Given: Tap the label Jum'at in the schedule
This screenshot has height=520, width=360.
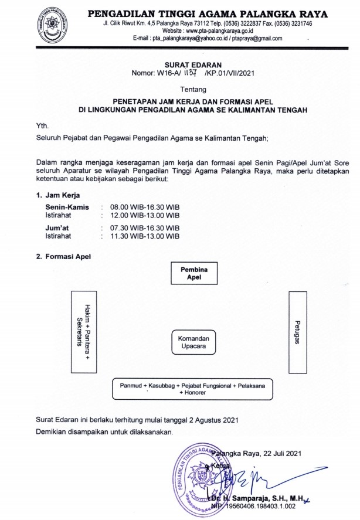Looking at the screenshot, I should pos(58,228).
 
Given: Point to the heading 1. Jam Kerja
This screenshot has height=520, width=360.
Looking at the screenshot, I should pos(58,194).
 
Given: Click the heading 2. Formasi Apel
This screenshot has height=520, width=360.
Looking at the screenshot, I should pos(64,256).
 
